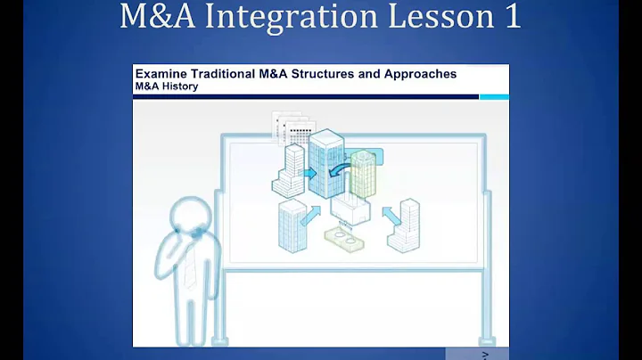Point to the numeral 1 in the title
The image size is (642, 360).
coord(511,18)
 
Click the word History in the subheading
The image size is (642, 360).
coord(179,86)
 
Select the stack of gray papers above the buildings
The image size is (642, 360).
coord(292,127)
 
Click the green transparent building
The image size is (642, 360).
coord(363,173)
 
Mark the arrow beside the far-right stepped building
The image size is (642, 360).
coord(390,215)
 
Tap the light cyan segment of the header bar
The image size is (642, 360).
coord(494,96)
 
